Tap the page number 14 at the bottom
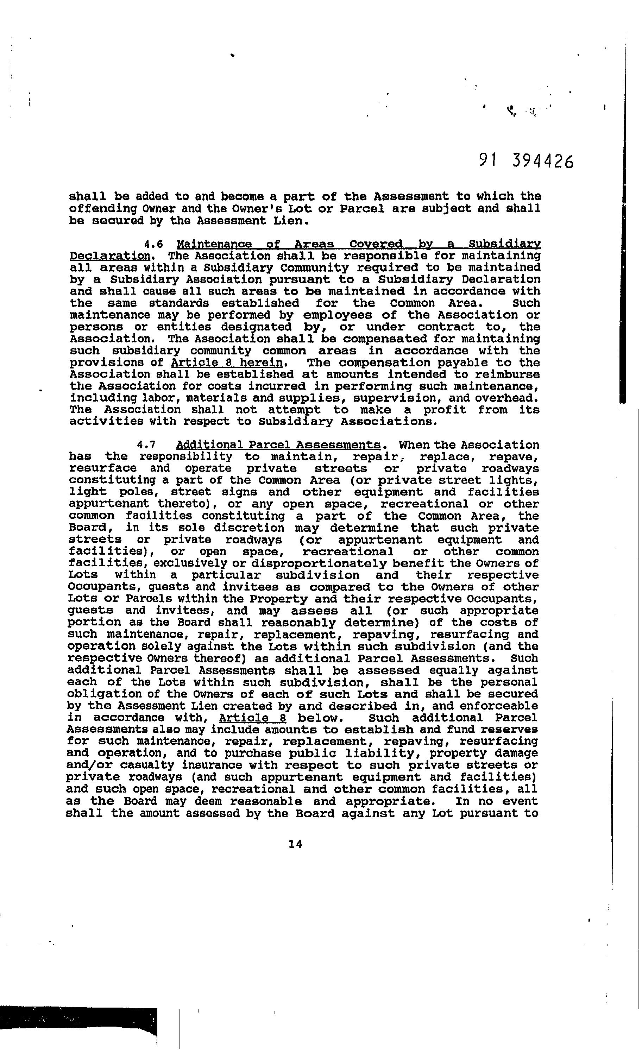[295, 844]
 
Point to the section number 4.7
[146, 445]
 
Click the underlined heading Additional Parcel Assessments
[278, 445]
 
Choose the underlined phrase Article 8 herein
[227, 363]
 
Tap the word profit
[445, 410]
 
